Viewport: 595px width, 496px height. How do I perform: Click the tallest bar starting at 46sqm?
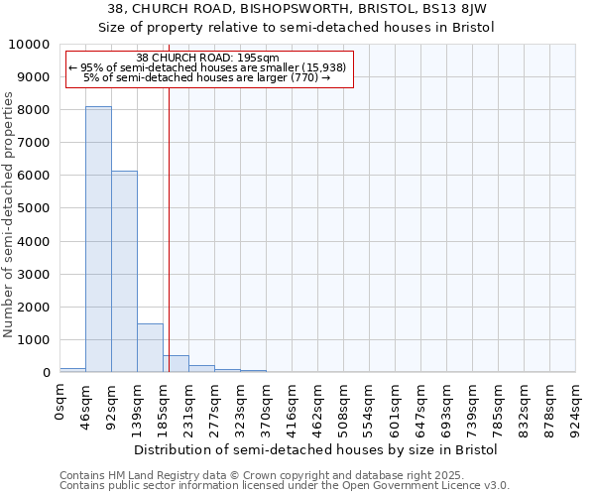coord(98,239)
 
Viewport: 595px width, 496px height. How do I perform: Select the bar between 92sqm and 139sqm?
coord(124,272)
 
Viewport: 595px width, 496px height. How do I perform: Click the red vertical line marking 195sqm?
coord(170,248)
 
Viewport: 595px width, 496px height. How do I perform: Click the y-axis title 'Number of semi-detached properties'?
coord(9,214)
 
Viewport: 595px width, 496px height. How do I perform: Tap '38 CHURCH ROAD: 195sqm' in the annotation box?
coord(208,59)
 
